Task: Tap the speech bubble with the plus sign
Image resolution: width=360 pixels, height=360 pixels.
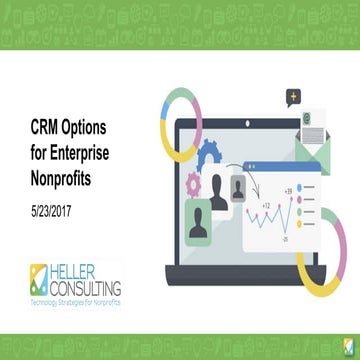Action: [x=293, y=97]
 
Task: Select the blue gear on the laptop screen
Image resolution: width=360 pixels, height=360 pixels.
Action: [x=211, y=155]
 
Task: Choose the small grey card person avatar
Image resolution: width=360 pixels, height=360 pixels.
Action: [x=239, y=186]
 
